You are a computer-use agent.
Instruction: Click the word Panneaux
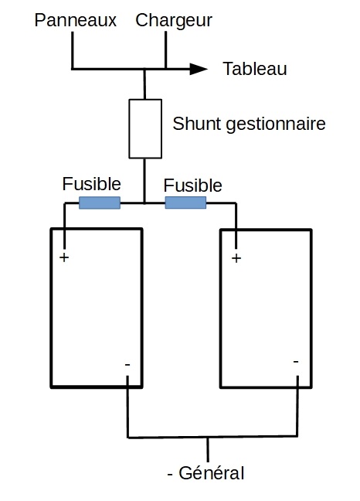click(76, 20)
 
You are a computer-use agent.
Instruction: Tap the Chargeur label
click(174, 21)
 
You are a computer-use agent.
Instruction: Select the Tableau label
click(255, 69)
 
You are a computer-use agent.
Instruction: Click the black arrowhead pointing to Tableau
click(199, 69)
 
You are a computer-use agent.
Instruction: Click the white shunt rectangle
click(145, 129)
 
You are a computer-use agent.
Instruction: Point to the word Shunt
click(197, 124)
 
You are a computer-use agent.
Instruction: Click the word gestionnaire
click(276, 124)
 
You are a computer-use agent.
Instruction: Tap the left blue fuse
click(100, 203)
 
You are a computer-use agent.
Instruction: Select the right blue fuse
click(185, 203)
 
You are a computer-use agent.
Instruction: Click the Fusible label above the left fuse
click(92, 184)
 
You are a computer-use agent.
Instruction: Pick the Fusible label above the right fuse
click(193, 186)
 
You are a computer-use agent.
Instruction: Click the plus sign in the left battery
click(64, 257)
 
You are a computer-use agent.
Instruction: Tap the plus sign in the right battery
click(236, 258)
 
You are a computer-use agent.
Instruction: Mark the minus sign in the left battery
click(127, 365)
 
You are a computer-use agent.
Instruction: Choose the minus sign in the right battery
click(296, 362)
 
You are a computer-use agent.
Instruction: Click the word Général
click(211, 473)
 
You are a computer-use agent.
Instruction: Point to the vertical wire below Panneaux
click(73, 50)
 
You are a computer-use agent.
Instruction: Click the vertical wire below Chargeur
click(165, 49)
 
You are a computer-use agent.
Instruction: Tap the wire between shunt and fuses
click(144, 180)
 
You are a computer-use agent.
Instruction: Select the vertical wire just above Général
click(208, 449)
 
